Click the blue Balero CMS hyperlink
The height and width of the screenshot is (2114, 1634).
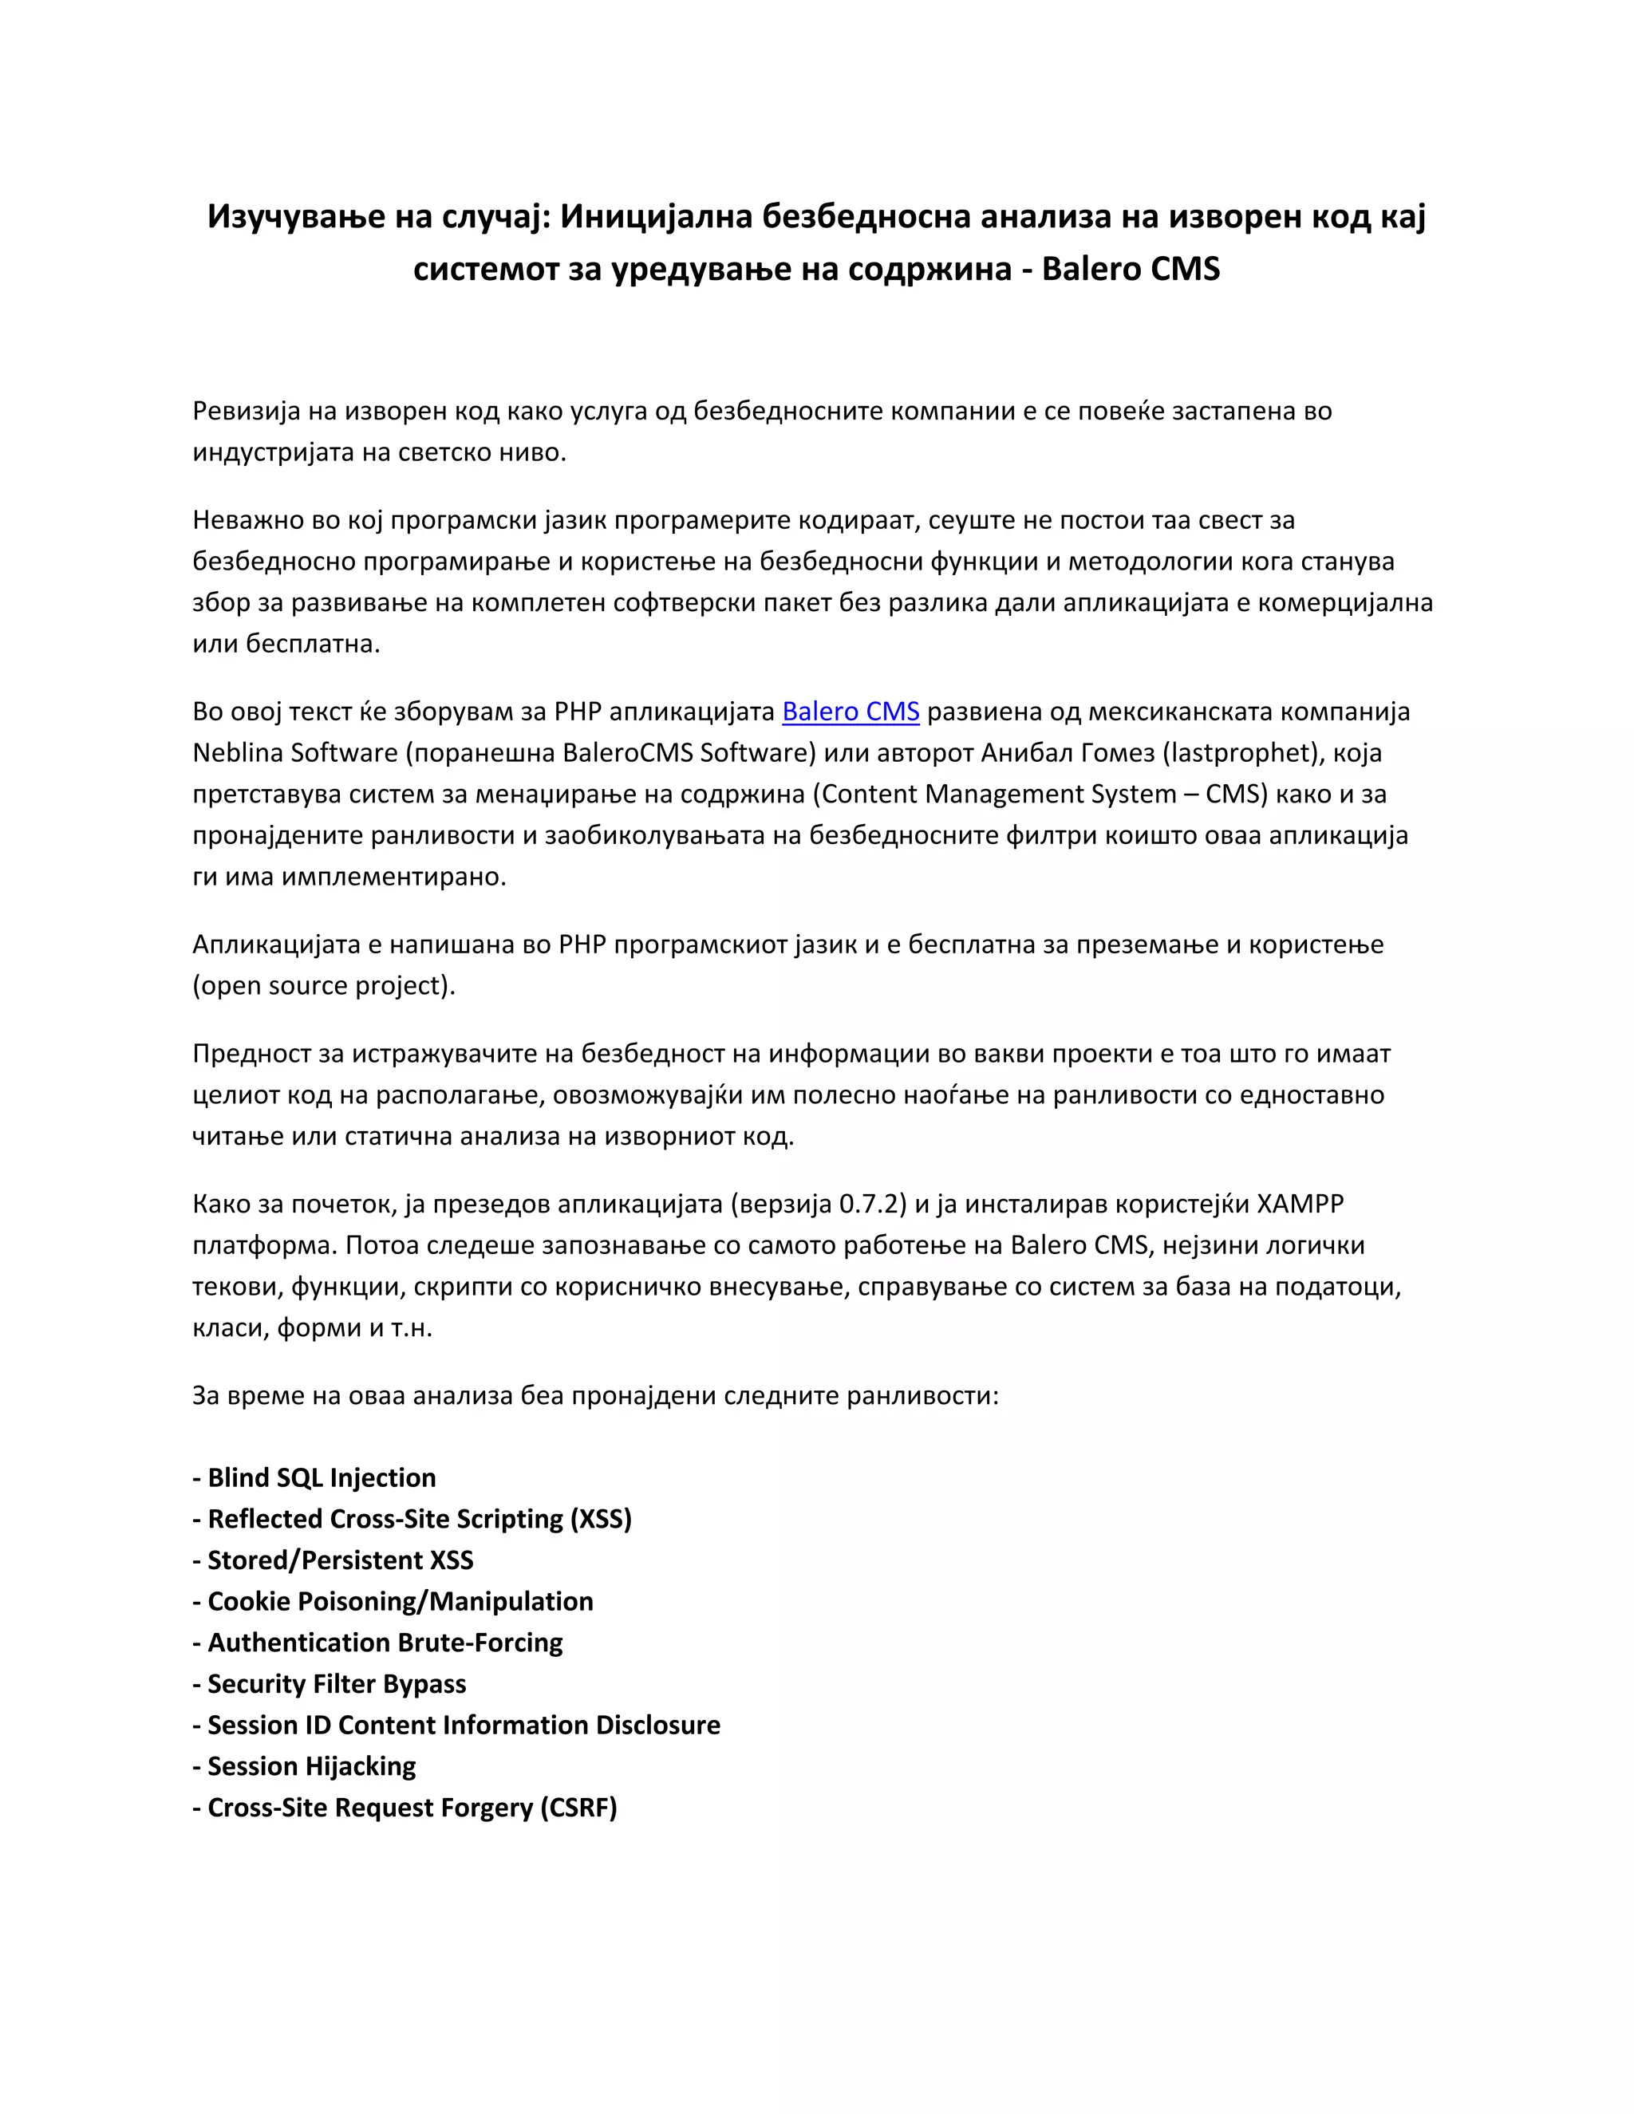[x=850, y=712]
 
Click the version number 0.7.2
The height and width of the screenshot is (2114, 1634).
[x=872, y=1204]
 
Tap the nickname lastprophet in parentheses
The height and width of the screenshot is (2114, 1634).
[x=1242, y=753]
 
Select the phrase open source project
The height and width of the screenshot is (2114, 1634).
[x=323, y=985]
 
